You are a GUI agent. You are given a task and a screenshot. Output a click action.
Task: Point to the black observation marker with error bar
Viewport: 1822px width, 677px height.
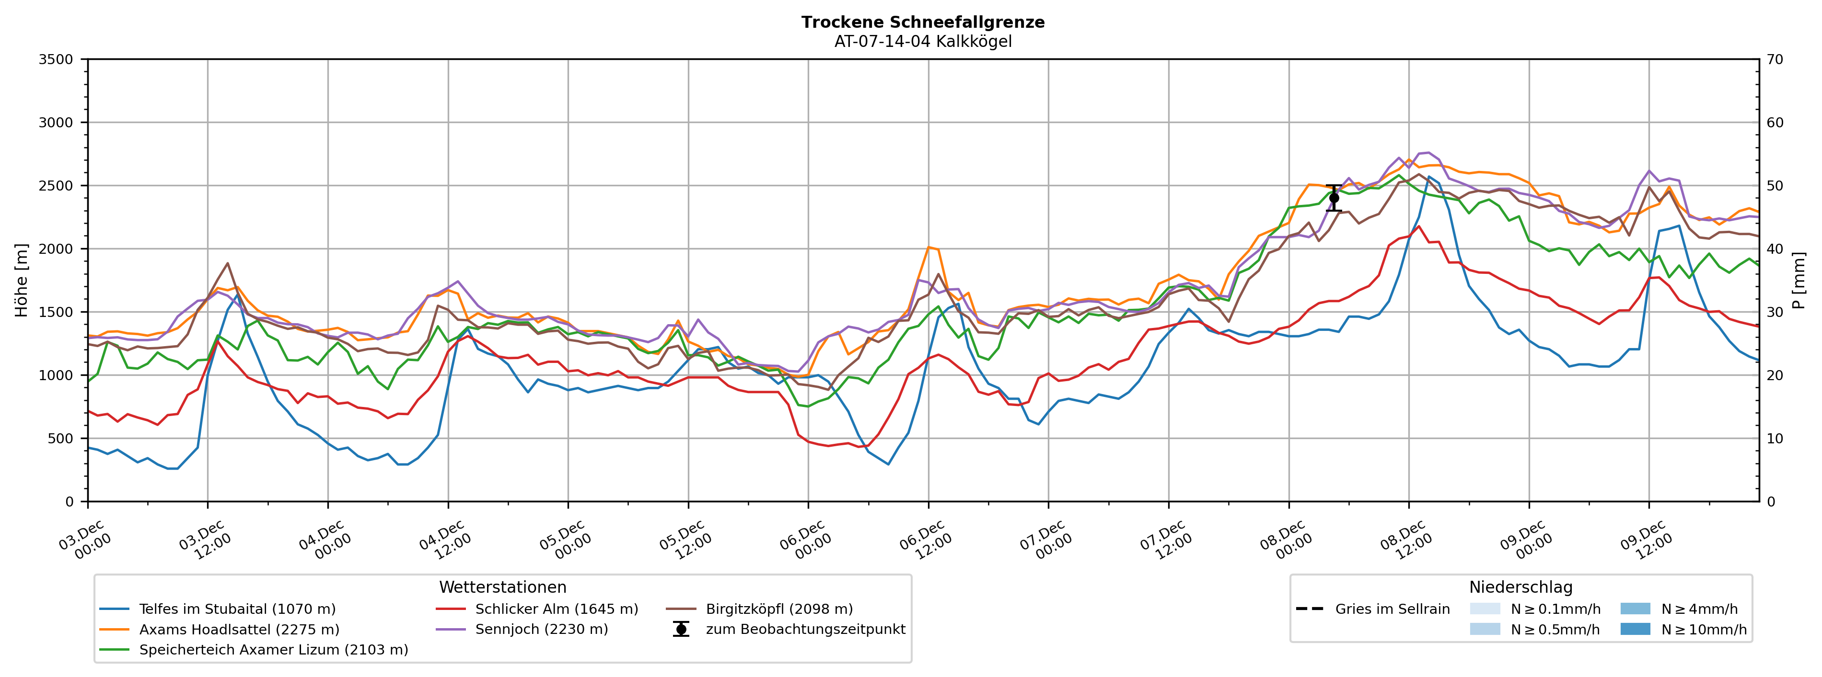(1334, 198)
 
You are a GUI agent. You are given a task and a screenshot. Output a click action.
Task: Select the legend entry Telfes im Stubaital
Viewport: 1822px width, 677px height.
(237, 609)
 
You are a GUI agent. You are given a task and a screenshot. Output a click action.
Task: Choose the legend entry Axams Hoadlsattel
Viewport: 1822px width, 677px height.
(239, 630)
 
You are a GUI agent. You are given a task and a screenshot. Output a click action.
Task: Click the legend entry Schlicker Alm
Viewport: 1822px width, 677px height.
(556, 609)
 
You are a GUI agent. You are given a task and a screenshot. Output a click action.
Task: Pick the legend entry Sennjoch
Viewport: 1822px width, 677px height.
(541, 630)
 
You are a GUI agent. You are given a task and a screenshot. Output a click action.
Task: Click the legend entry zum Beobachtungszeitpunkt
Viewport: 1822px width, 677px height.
(805, 630)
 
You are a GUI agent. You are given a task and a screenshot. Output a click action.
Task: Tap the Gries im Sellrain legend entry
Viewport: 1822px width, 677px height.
(1392, 609)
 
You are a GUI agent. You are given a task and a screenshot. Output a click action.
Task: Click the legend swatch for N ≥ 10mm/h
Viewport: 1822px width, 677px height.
(1635, 630)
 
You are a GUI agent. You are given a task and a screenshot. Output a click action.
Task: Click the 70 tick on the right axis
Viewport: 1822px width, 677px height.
(1775, 59)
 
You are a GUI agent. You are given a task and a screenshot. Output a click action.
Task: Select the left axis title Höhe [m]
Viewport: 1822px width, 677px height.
(22, 281)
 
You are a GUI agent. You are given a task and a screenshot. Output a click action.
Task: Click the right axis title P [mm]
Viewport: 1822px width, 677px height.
(1799, 281)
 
